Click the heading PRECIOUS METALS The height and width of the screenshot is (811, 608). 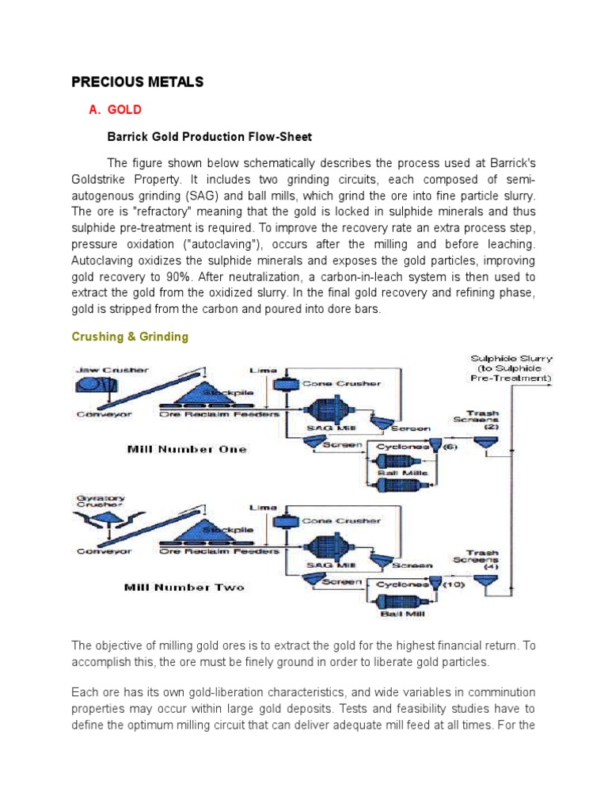[x=138, y=82]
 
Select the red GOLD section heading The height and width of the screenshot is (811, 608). [x=124, y=110]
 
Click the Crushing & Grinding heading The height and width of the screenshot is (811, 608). [x=130, y=337]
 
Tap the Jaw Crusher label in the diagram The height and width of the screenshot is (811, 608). [x=113, y=370]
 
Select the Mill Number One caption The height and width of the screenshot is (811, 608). [x=187, y=449]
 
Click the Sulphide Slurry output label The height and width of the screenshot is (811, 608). [x=511, y=368]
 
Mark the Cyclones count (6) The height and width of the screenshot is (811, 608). [x=450, y=447]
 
